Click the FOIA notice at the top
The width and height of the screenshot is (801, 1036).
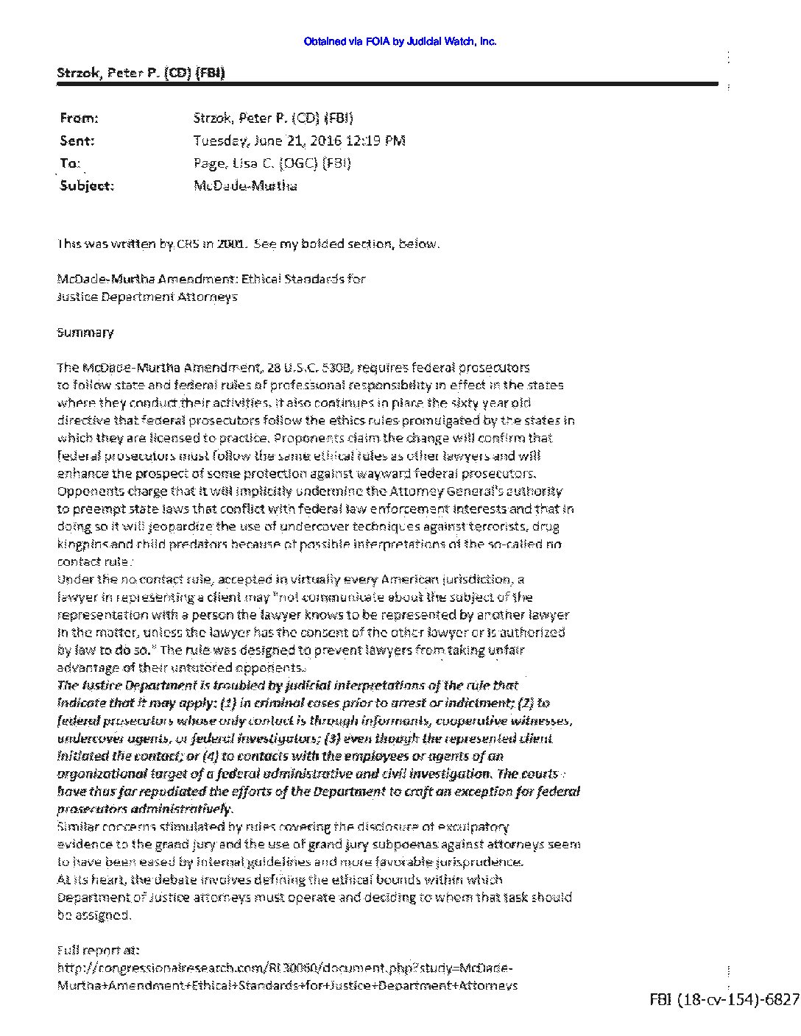(400, 42)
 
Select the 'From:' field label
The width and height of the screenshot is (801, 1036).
(78, 118)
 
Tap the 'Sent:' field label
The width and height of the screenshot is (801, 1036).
(77, 141)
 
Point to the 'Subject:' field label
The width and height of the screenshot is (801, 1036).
(87, 186)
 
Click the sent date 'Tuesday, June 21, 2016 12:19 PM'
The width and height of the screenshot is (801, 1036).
(299, 141)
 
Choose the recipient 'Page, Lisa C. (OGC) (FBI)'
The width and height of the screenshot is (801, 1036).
(272, 163)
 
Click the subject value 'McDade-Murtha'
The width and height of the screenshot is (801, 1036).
(245, 186)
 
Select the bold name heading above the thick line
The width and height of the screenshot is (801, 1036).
(141, 73)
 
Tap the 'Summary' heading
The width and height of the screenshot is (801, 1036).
(85, 332)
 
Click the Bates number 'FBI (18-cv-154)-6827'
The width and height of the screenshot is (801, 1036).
(724, 999)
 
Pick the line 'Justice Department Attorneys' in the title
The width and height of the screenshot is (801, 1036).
(147, 297)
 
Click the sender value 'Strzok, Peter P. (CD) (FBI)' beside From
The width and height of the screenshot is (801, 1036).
(272, 118)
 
